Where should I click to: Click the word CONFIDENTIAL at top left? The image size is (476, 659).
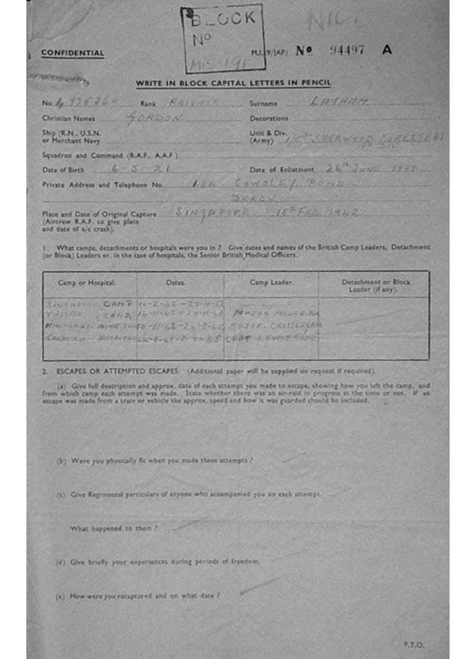pos(72,53)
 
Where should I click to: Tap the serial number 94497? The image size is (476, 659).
pos(347,50)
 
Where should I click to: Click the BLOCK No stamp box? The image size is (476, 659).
pos(223,38)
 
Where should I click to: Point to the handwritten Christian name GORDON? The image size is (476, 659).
pos(155,118)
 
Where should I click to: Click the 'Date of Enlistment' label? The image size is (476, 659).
pos(281,169)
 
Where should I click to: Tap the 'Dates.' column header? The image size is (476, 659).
pos(176,283)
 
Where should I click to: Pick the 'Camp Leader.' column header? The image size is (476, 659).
pos(271,283)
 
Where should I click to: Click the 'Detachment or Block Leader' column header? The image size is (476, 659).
pos(376,286)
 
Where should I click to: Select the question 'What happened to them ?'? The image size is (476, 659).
pos(114,528)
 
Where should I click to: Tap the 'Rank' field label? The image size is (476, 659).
pos(148,103)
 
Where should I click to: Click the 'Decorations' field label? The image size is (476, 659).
pos(269,118)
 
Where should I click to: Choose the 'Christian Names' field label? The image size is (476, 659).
pos(68,118)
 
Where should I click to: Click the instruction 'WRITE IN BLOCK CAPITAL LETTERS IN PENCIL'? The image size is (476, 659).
pos(233,83)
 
